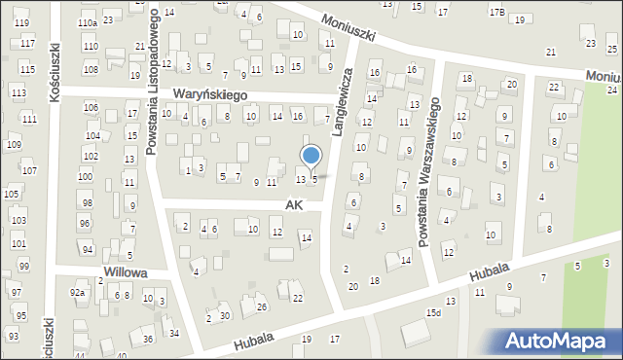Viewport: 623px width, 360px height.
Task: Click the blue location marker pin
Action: pos(311,157)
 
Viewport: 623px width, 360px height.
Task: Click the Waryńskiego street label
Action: pos(210,94)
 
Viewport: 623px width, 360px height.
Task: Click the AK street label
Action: pos(294,205)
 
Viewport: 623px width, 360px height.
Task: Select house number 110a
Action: pos(88,22)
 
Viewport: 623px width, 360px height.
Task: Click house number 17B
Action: pos(497,12)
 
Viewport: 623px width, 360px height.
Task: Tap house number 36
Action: pos(148,339)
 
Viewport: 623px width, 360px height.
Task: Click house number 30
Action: pos(225,315)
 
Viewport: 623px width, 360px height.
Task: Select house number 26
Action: pos(262,307)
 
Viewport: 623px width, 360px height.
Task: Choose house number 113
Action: pos(18,92)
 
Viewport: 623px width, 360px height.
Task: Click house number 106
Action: pos(92,107)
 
